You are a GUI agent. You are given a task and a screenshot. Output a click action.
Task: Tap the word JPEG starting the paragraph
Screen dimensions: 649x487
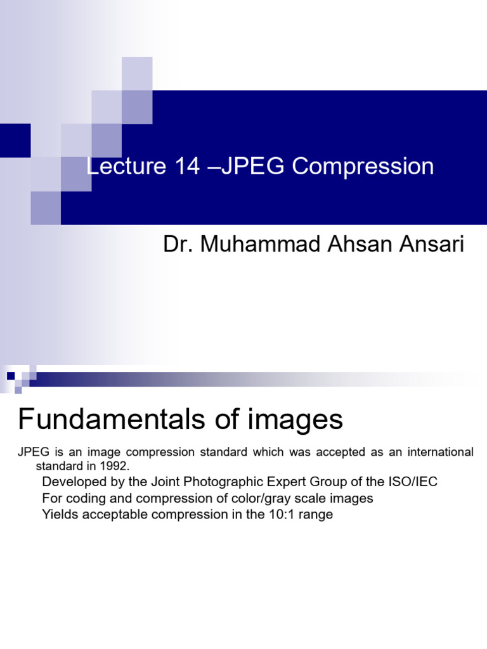pos(30,453)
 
